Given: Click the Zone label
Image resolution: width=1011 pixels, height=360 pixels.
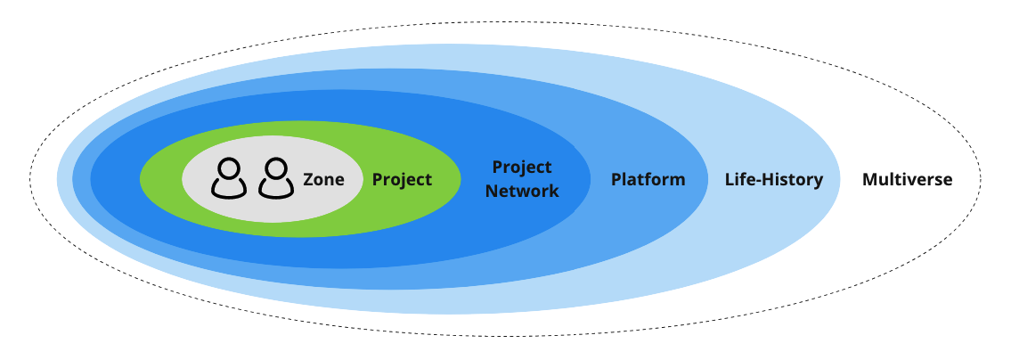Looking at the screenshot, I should coord(323,180).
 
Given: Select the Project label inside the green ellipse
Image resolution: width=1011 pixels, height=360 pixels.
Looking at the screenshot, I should coord(402,180).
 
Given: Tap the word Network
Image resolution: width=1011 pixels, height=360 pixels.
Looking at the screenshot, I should coord(522,192).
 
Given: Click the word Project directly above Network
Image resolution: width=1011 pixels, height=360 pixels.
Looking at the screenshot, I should coord(522,168).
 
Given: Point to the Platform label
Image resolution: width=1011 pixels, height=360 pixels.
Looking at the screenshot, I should coord(648,180).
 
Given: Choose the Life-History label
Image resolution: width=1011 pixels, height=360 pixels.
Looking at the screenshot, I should coord(773,180).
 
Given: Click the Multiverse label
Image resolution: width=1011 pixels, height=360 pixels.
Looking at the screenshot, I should coord(907,180).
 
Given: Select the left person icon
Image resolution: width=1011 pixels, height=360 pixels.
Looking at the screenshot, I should coord(229,178).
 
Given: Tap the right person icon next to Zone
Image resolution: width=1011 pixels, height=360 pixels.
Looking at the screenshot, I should coord(276,178).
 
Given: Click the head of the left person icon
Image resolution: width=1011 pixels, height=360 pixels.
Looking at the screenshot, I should coord(229,168).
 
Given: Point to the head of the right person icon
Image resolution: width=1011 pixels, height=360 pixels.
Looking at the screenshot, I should coord(276,168).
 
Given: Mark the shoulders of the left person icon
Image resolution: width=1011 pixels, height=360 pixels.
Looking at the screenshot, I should coord(229,189).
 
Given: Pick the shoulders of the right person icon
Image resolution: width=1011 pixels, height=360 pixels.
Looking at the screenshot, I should coord(276,189).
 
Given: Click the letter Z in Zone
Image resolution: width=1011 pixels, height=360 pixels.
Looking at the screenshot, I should coord(308,180).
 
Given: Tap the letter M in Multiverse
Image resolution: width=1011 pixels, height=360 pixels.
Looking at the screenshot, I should coord(869,180).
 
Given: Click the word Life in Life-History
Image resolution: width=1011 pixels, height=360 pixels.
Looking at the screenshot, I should coord(738,180).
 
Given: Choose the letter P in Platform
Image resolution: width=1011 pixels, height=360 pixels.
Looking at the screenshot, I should coord(616,180).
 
